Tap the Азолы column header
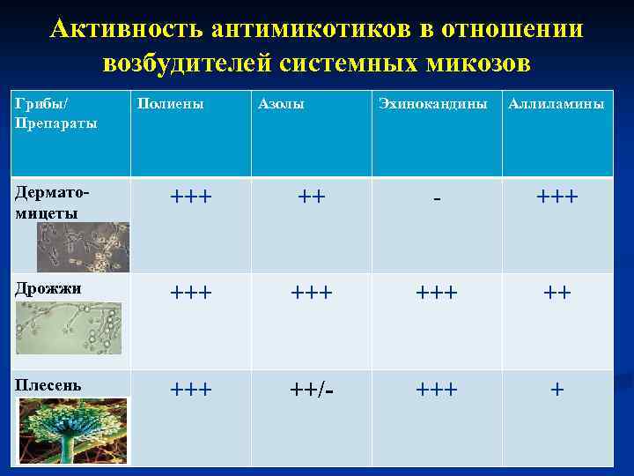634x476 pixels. pos(281,104)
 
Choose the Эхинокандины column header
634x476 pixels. pos(432,104)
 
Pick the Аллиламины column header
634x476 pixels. pos(557,104)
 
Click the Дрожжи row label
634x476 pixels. pos(48,289)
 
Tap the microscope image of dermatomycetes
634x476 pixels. pos(83,246)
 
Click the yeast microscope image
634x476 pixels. pos(69,327)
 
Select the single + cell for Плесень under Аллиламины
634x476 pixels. pos(557,389)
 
